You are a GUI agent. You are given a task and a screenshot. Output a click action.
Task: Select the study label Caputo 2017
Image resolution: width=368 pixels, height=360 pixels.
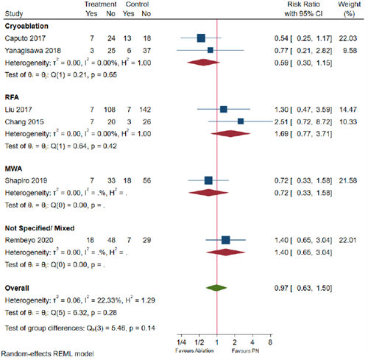pos(26,38)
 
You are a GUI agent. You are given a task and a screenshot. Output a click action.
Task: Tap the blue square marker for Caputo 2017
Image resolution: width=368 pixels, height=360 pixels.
pos(201,38)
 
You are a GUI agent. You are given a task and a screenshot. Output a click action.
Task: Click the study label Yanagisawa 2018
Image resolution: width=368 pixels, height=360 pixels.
pos(33,50)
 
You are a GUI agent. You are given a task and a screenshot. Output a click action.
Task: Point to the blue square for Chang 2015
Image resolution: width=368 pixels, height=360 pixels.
pos(241,121)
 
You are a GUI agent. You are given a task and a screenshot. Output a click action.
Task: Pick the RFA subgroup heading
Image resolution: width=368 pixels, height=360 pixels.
pos(13,96)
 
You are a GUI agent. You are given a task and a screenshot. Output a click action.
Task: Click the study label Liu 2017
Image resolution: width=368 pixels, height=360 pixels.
pos(21,109)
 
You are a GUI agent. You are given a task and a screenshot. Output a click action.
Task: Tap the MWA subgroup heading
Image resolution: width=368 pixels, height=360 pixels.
pos(15,168)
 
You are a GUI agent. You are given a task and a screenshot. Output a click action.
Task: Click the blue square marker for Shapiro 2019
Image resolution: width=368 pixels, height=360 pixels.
pos(208,180)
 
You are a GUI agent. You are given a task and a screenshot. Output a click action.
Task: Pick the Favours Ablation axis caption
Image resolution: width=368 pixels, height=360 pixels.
pos(190,350)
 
